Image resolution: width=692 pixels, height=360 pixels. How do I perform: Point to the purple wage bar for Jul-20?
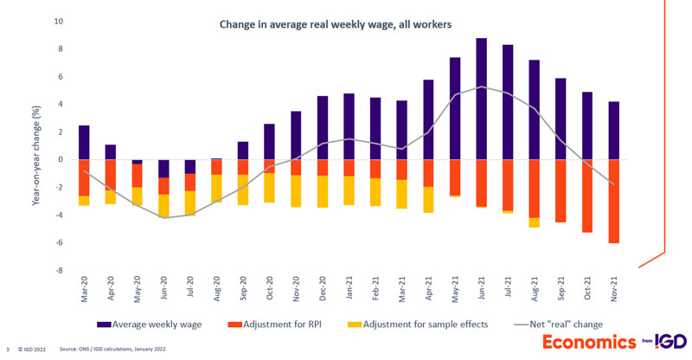point(190,167)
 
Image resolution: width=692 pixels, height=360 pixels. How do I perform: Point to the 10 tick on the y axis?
point(58,21)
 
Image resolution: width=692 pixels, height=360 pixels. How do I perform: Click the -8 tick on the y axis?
point(60,270)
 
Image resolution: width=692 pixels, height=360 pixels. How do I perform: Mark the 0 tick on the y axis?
point(61,159)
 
